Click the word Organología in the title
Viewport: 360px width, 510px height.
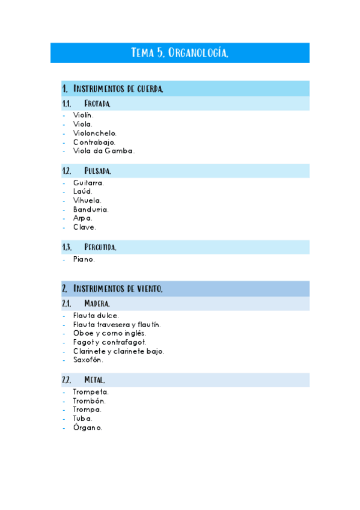coord(198,53)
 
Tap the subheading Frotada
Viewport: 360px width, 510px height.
coord(97,104)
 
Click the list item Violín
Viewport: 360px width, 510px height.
coord(84,115)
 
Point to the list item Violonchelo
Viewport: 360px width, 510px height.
coord(95,133)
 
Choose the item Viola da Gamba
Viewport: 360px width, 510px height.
coord(103,151)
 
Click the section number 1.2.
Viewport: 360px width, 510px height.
coord(67,171)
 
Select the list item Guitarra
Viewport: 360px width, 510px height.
coord(88,182)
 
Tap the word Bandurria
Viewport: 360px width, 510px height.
coord(91,209)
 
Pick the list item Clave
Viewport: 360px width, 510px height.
coord(84,227)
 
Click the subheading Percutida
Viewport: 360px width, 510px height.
coord(100,247)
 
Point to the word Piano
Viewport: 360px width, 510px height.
coord(84,259)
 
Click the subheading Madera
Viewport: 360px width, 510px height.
coord(97,304)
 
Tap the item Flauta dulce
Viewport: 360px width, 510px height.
coord(96,315)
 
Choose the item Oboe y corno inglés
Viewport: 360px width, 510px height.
coord(109,333)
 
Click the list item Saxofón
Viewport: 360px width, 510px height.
coord(88,360)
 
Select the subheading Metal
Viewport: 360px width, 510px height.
coord(95,380)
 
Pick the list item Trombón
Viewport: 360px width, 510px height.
coord(90,401)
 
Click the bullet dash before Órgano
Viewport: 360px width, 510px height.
coord(64,428)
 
